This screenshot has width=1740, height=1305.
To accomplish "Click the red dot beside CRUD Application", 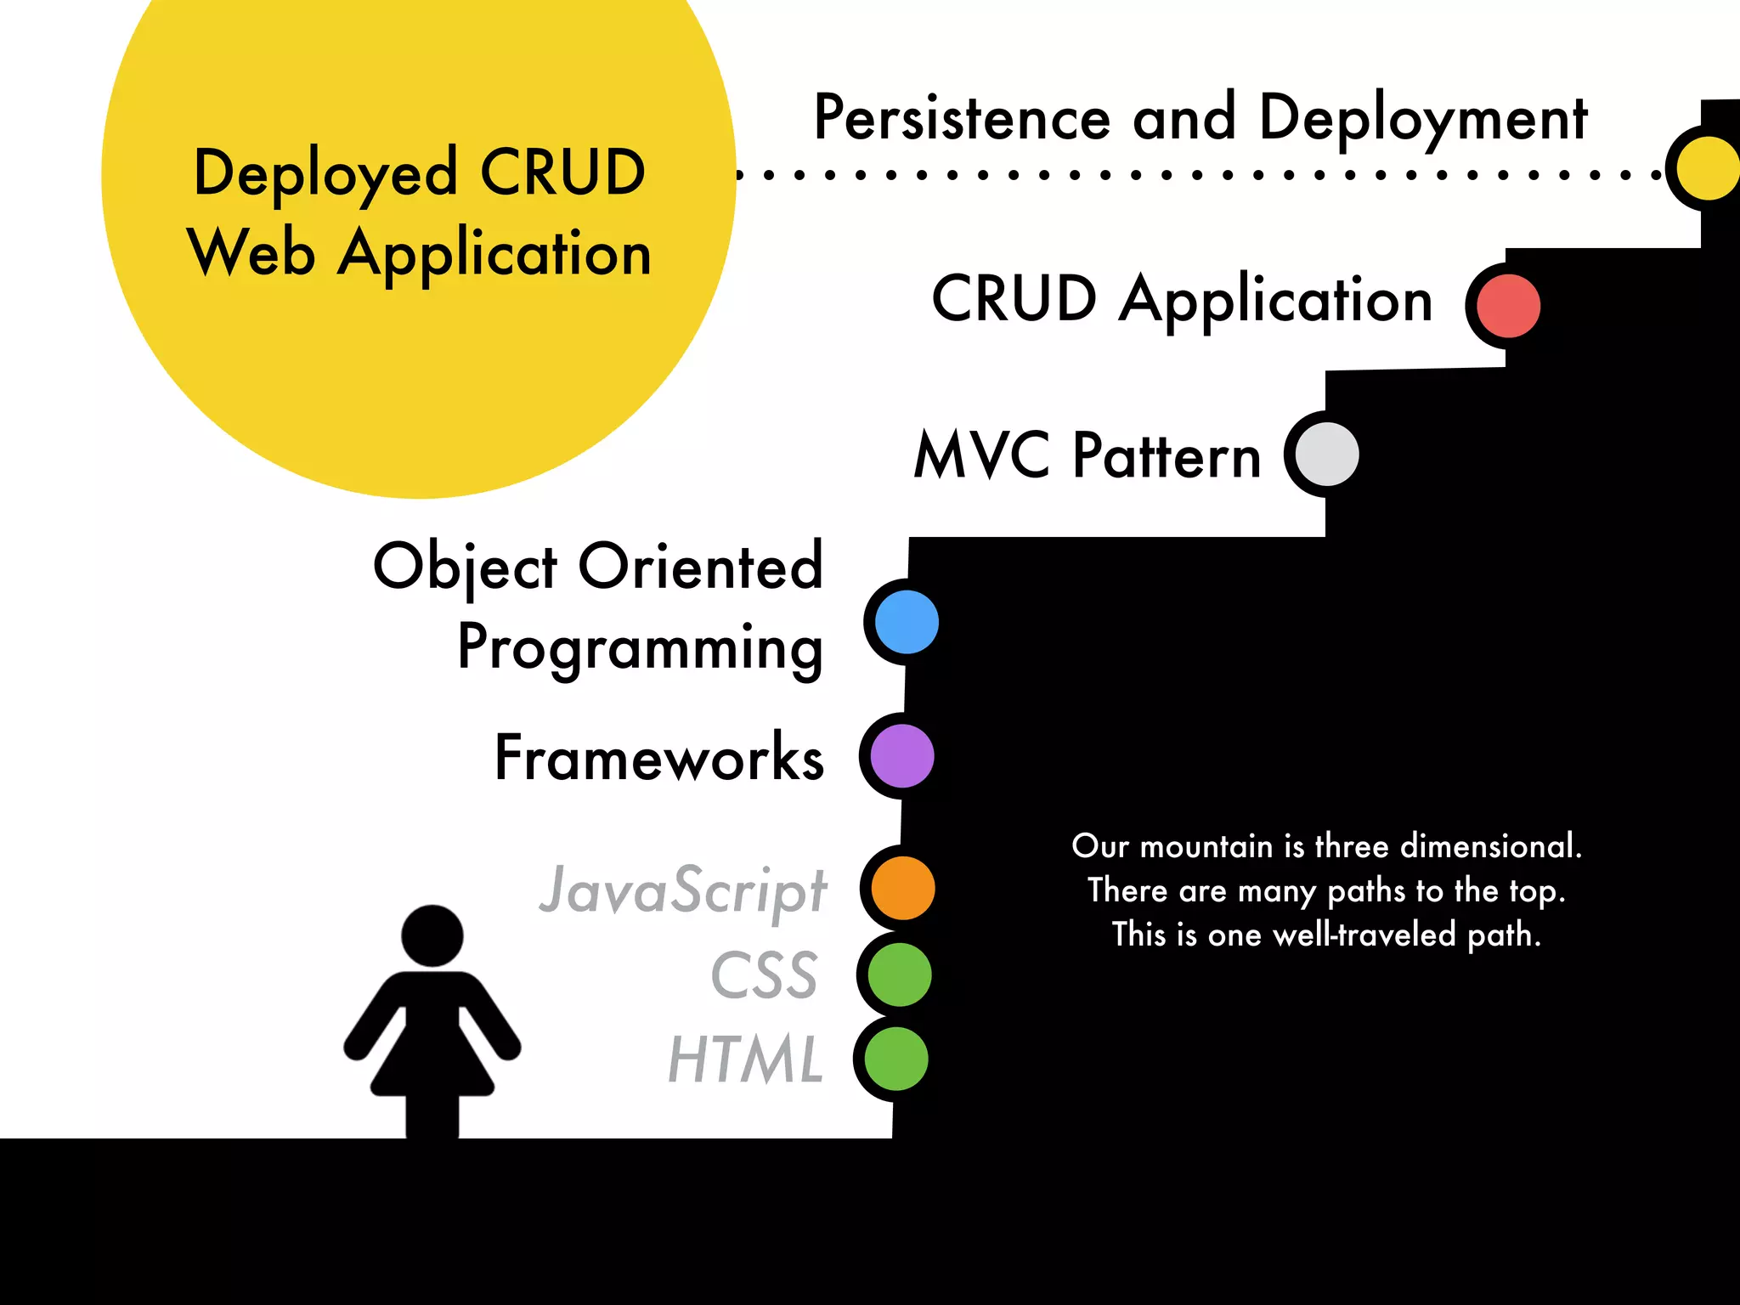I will pos(1508,306).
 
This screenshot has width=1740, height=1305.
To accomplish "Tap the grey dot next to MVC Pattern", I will pos(1327,455).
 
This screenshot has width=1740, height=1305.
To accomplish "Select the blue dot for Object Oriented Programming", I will pos(907,622).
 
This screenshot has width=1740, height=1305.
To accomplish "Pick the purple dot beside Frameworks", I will pos(902,756).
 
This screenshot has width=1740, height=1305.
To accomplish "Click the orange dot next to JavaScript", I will pos(903,888).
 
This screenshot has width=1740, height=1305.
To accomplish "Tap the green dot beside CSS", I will pos(900,975).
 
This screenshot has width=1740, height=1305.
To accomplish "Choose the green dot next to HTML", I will pos(896,1059).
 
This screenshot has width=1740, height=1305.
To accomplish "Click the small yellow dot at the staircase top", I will pos(1708,168).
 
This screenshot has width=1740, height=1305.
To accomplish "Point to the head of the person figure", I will pos(432,935).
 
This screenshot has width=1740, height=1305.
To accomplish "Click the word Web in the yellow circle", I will pos(251,253).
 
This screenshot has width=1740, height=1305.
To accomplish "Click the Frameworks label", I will pos(659,758).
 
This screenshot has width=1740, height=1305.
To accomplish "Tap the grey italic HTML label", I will pos(745,1060).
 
